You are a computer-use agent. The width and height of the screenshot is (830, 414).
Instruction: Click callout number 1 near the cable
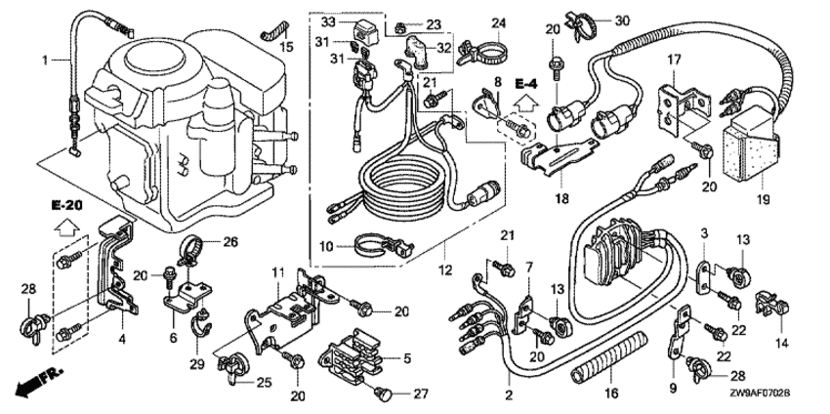click(x=44, y=61)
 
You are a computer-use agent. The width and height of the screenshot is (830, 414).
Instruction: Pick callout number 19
click(x=763, y=200)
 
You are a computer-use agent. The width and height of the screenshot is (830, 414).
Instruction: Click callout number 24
click(x=499, y=21)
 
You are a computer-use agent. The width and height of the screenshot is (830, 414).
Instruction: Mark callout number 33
click(x=328, y=21)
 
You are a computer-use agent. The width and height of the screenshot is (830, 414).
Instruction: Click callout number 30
click(x=622, y=20)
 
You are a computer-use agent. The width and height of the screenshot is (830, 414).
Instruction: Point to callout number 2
click(x=508, y=394)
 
